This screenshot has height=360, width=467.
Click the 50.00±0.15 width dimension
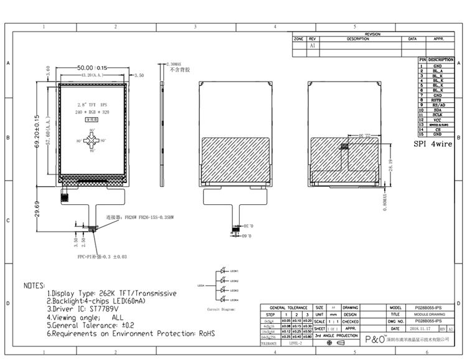coord(92,67)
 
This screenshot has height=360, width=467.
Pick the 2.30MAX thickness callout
coord(173,64)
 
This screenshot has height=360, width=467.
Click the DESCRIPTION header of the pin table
coord(441,60)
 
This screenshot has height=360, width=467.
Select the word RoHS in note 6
coord(207,334)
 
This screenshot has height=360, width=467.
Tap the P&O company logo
coord(374,340)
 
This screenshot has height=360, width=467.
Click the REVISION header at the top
coord(372,34)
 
